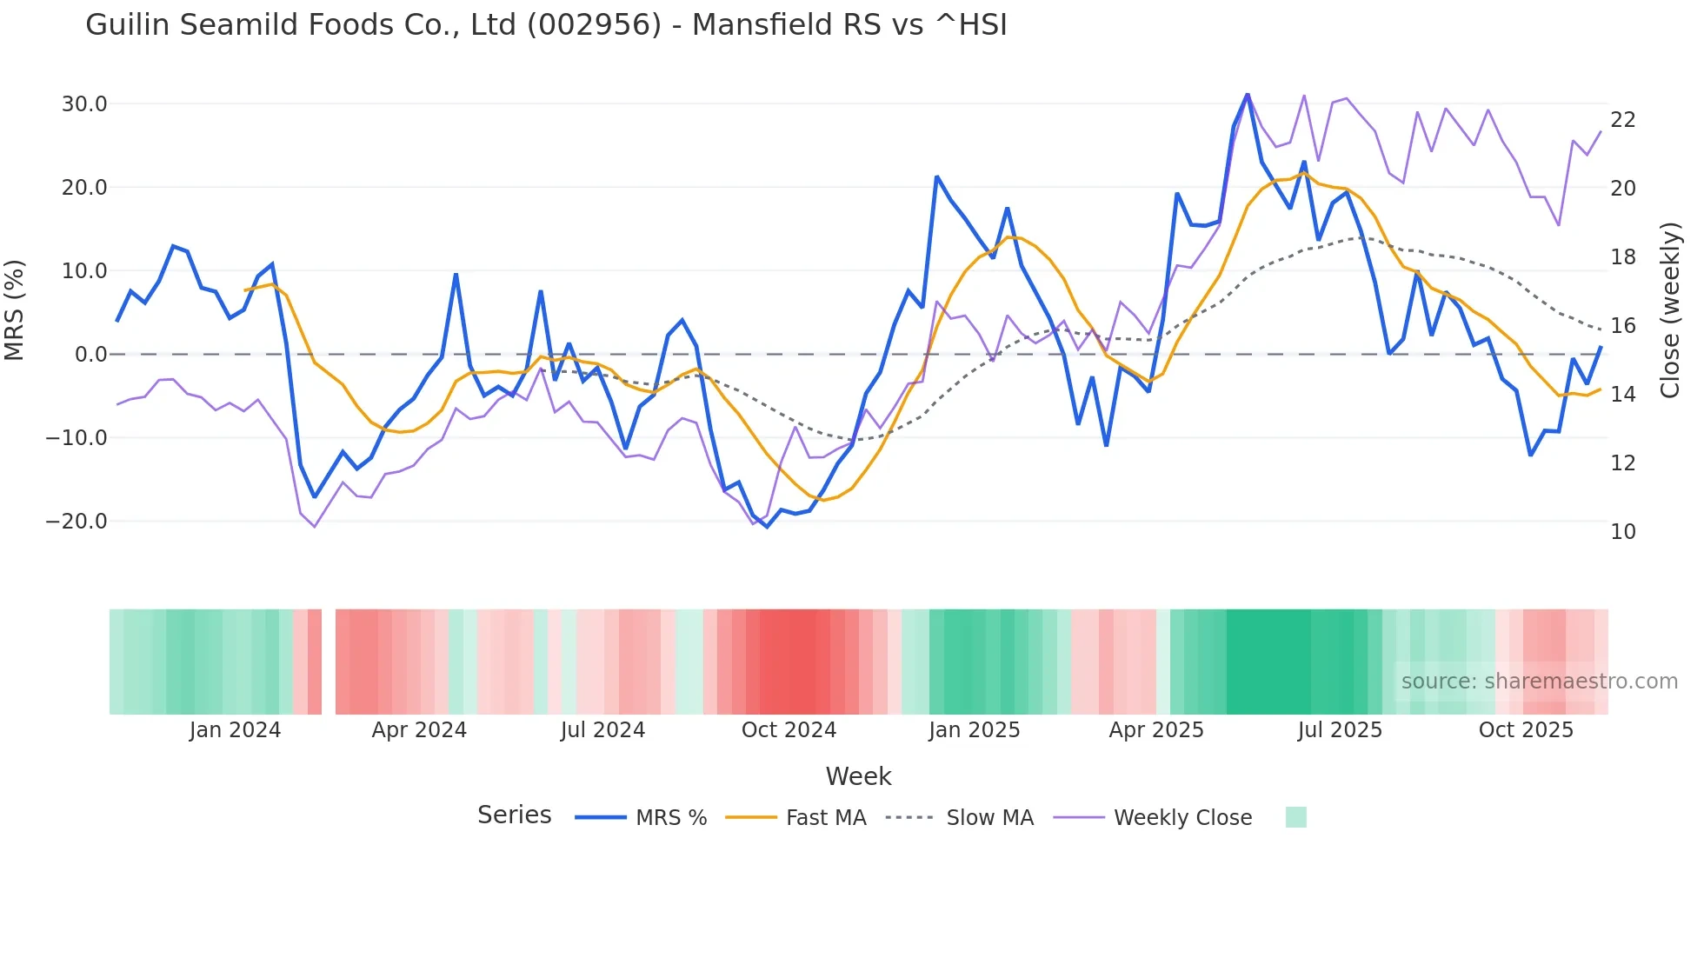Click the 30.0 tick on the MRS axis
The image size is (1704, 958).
(x=83, y=104)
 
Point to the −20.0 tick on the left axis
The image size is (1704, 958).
(x=77, y=522)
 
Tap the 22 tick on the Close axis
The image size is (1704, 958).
(x=1622, y=120)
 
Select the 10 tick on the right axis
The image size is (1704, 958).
(x=1622, y=532)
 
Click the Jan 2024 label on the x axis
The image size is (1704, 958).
(x=235, y=730)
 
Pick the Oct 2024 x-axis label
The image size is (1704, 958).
(x=789, y=730)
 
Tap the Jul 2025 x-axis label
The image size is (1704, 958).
(x=1340, y=730)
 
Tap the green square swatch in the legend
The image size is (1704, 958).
(x=1295, y=817)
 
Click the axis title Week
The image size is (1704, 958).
(x=858, y=776)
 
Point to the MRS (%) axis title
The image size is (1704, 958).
(x=15, y=309)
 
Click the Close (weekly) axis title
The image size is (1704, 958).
(x=1669, y=310)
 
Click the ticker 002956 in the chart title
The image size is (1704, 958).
(x=594, y=25)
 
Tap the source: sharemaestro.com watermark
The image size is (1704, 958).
(x=1539, y=682)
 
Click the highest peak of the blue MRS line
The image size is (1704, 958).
(x=1247, y=94)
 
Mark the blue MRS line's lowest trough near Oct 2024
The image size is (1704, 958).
(x=766, y=527)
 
